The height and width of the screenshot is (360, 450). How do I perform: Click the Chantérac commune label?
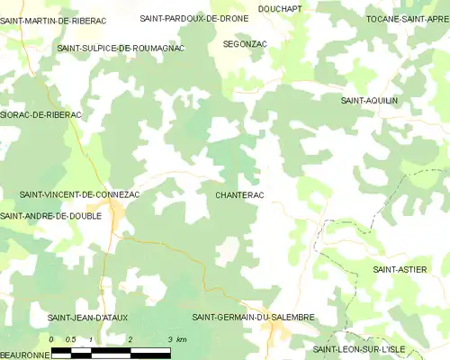(239, 194)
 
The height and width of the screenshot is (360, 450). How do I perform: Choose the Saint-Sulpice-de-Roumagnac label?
(121, 48)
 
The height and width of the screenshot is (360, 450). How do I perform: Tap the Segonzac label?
(245, 43)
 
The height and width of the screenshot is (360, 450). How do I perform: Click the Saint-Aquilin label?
(369, 101)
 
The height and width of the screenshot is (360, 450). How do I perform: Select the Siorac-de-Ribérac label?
(41, 115)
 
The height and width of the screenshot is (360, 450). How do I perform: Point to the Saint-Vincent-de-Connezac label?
(79, 194)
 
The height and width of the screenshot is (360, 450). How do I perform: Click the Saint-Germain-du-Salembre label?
(253, 318)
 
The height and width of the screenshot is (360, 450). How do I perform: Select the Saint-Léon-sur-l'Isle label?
(364, 349)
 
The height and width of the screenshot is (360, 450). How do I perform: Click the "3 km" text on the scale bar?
(176, 339)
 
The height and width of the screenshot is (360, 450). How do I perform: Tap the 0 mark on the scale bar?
(52, 339)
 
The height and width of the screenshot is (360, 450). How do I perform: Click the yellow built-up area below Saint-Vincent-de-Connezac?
(118, 214)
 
